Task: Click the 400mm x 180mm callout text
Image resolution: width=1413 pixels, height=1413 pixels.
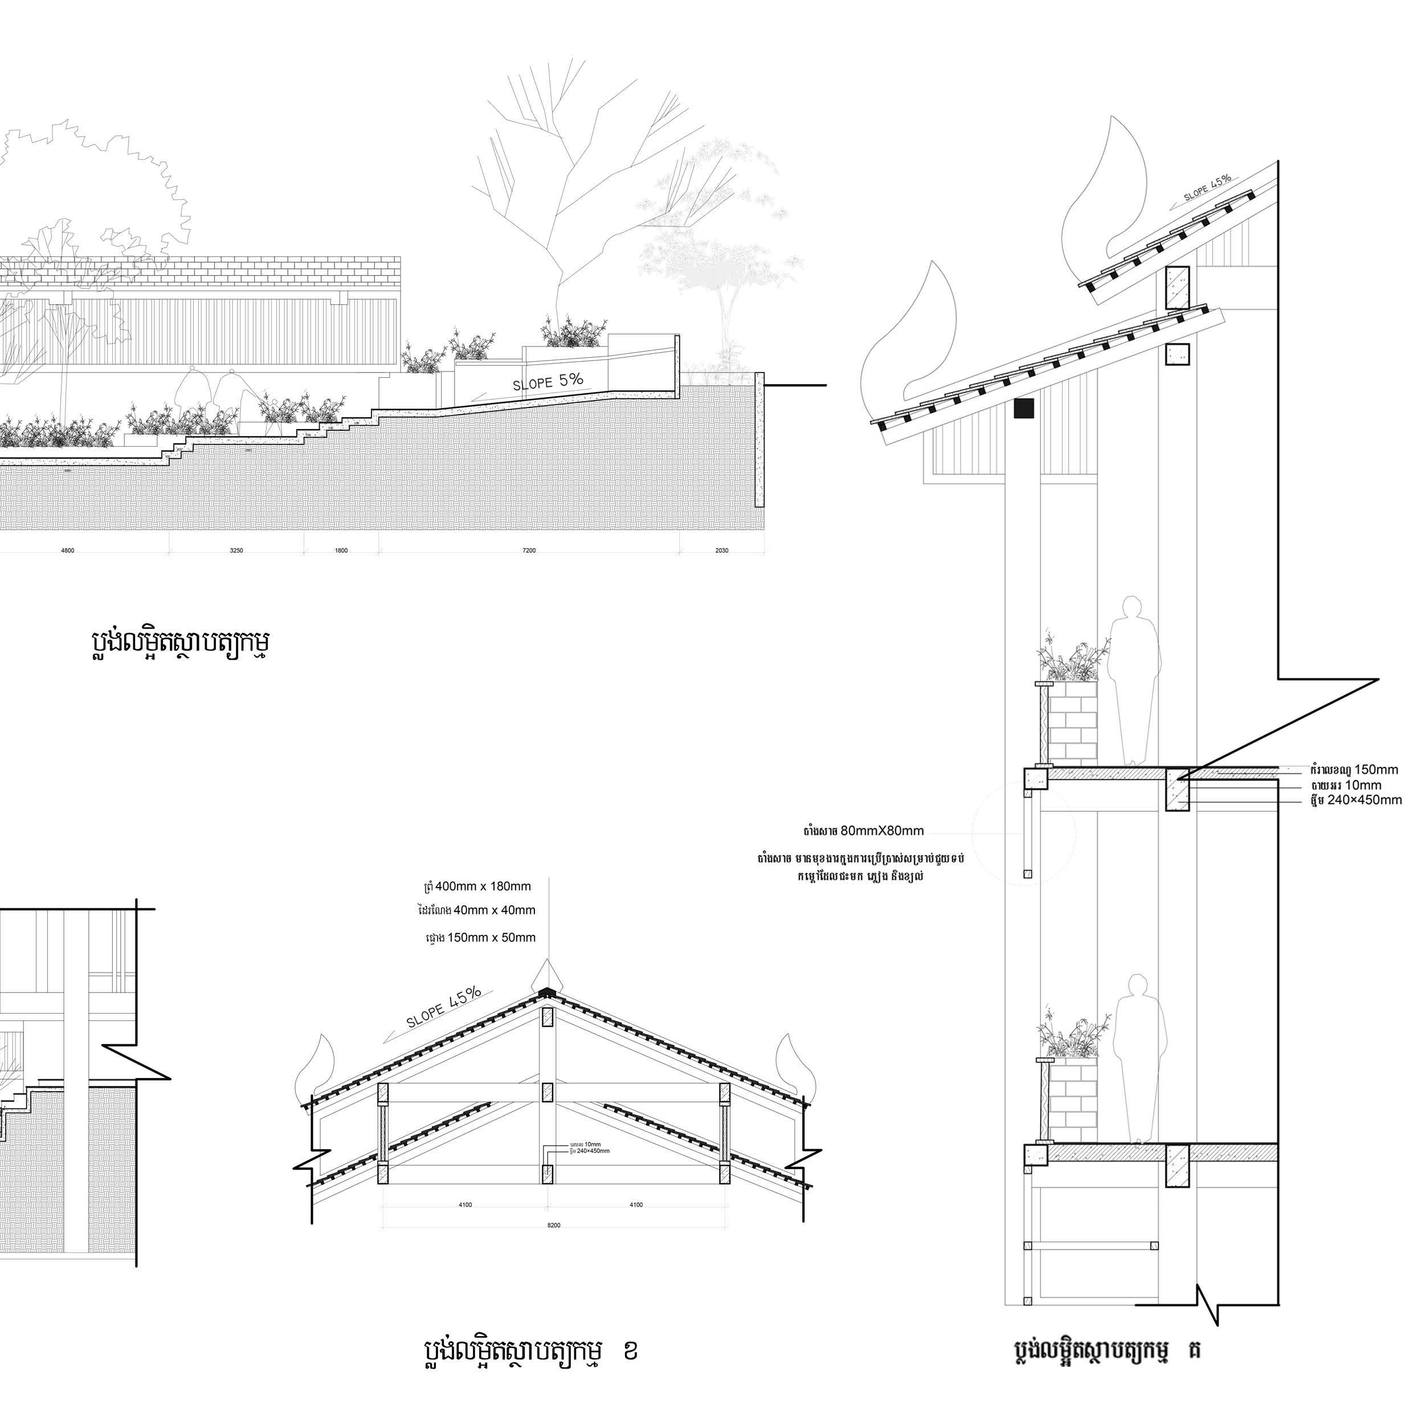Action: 483,887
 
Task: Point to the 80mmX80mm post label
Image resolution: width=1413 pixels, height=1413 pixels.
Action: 881,831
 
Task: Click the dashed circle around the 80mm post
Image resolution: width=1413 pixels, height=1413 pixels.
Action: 1024,832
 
